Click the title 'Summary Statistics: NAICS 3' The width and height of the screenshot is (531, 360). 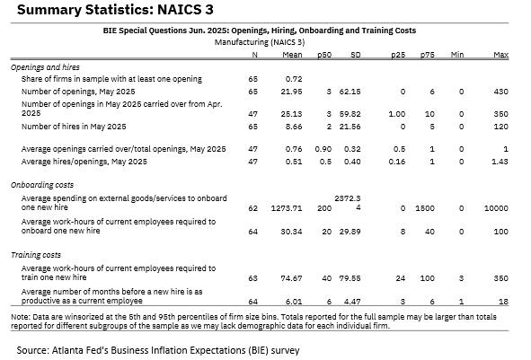coord(115,10)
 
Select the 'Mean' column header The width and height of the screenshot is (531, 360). coord(292,55)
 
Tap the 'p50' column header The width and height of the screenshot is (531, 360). coord(324,55)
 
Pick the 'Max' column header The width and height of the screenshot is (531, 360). coord(500,55)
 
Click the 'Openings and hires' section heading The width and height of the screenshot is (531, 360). coord(46,67)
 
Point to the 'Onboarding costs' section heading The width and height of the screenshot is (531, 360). coord(42,185)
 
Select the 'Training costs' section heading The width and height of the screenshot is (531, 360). coord(36,255)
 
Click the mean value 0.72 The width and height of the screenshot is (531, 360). coord(294,79)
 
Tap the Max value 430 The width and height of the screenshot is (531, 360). coord(500,92)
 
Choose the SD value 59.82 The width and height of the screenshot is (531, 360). coord(350,114)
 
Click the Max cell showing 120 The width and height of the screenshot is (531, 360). coord(500,127)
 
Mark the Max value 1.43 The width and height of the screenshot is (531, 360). coord(500,162)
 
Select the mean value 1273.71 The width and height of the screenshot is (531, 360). coord(287,208)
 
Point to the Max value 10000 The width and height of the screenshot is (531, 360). coord(496,208)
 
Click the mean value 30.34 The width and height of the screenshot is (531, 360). coord(291,232)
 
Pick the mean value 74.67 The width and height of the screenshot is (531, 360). coord(291,278)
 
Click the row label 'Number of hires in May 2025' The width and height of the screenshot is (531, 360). coord(74,127)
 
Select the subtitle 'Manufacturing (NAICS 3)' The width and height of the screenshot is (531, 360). coord(260,42)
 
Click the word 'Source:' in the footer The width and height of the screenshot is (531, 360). coord(33,350)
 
